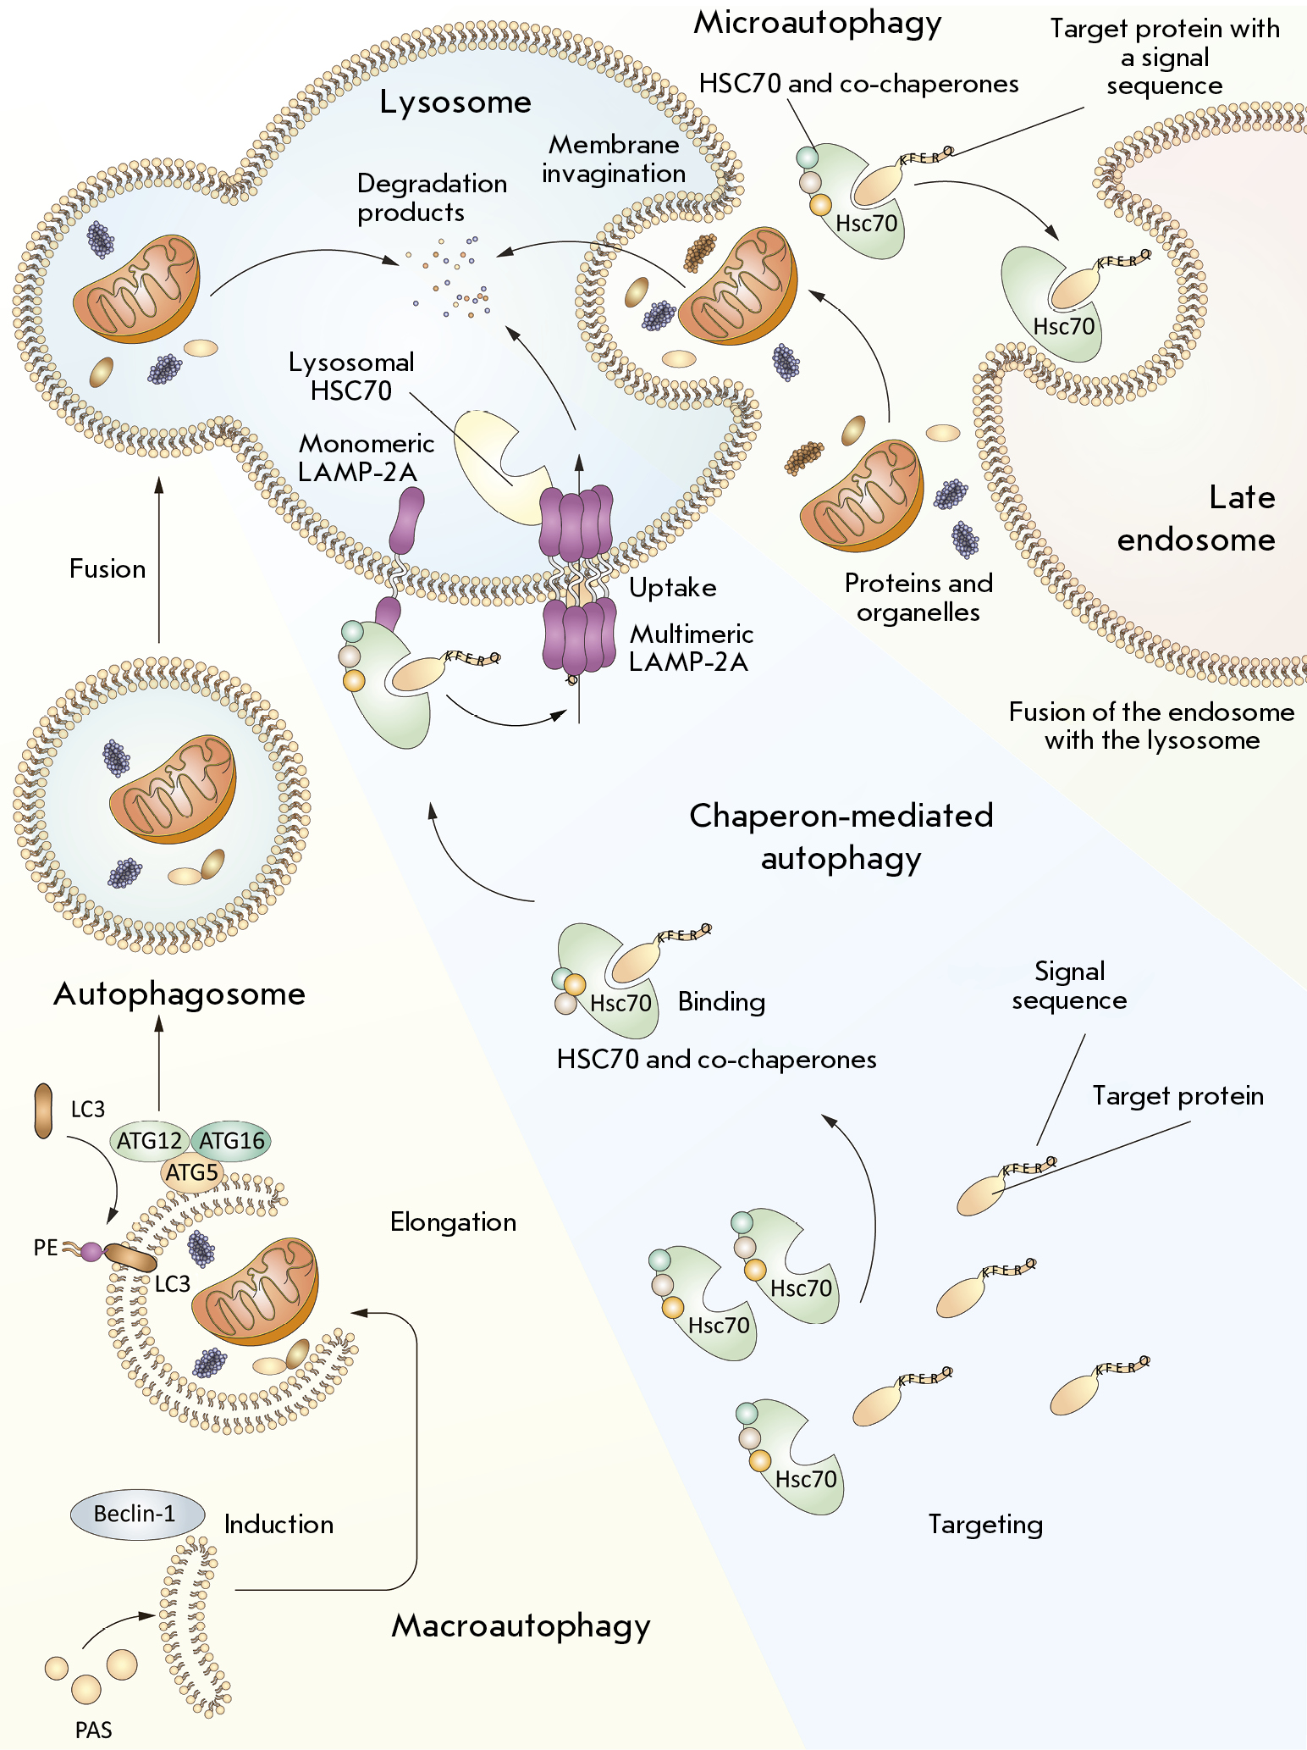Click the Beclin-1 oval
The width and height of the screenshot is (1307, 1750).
click(x=137, y=1514)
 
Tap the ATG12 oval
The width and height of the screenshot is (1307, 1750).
click(x=149, y=1141)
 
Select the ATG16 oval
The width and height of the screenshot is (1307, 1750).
click(x=231, y=1141)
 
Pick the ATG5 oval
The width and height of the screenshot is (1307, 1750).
click(x=192, y=1173)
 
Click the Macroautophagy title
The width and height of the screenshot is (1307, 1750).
click(x=521, y=1625)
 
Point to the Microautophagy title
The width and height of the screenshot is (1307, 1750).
click(x=818, y=23)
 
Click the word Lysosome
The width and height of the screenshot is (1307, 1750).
click(x=455, y=102)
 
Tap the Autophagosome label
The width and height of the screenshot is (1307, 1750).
click(x=179, y=994)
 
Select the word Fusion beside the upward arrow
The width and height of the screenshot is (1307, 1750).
click(x=108, y=568)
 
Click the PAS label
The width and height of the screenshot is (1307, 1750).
click(x=93, y=1730)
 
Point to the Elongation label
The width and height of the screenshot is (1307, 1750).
click(x=454, y=1222)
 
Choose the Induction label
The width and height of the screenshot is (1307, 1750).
click(x=278, y=1525)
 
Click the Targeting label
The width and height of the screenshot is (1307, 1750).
click(x=985, y=1525)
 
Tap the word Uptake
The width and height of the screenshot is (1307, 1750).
click(x=673, y=588)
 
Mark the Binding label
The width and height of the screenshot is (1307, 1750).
click(x=722, y=1002)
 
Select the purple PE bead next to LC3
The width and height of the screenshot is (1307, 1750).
click(x=91, y=1251)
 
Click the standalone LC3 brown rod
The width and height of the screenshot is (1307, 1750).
click(x=43, y=1110)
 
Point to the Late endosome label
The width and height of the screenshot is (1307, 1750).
click(x=1197, y=518)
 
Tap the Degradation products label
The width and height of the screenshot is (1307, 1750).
click(x=432, y=197)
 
